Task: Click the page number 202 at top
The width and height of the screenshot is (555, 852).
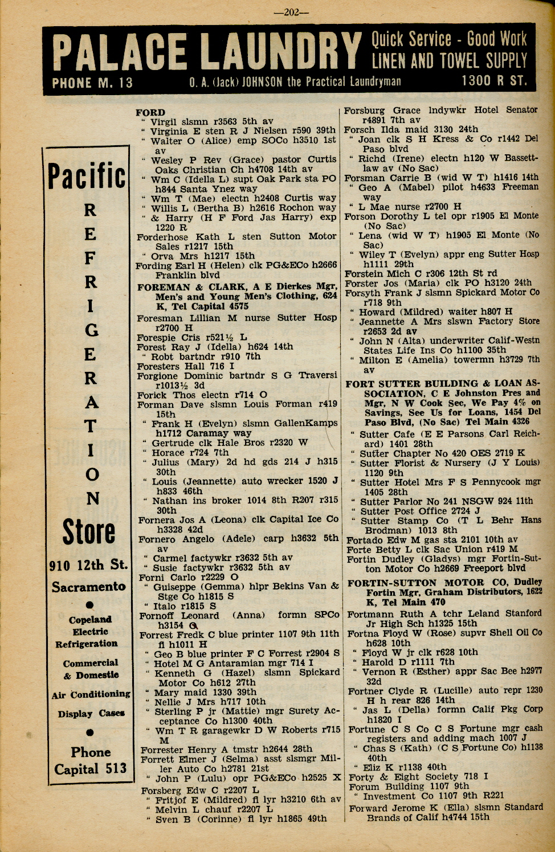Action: coord(291,13)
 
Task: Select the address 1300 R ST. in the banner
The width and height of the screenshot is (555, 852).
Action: coord(494,81)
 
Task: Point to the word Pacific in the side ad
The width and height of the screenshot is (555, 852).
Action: coord(87,176)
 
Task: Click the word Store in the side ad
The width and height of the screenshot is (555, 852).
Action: coord(88,532)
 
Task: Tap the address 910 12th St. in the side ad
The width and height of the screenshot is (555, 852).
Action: coord(88,565)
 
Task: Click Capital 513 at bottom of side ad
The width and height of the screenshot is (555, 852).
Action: coord(90,769)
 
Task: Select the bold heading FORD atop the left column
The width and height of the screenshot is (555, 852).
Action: coord(150,112)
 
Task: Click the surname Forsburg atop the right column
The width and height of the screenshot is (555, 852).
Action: coord(365,110)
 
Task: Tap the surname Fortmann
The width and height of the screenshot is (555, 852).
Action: coord(369,614)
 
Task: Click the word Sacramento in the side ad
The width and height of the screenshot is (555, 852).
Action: coord(88,587)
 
